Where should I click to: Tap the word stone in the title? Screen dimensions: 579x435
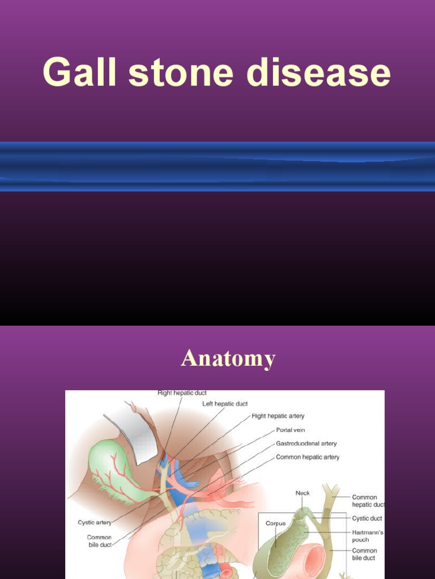[x=180, y=73]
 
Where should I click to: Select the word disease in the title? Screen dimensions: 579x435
[x=318, y=73]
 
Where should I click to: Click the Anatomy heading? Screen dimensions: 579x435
[x=228, y=358]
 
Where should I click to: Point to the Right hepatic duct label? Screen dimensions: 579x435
[x=182, y=393]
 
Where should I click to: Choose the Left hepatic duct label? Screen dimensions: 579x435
[x=225, y=404]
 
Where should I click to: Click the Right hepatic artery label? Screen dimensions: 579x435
[x=278, y=416]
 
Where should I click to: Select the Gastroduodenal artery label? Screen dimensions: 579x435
[x=306, y=444]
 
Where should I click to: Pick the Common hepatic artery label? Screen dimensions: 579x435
[x=308, y=457]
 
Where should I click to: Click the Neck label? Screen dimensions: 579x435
[x=303, y=493]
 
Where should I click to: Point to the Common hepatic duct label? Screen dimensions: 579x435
[x=368, y=501]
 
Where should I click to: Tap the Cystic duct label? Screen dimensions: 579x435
[x=367, y=518]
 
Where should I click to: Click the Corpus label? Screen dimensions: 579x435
[x=276, y=524]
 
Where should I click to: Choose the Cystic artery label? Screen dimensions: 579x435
[x=95, y=522]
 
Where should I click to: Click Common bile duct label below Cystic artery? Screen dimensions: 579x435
[x=99, y=541]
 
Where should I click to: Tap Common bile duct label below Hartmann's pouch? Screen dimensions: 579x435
[x=364, y=554]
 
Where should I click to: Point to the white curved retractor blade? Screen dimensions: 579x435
[x=136, y=430]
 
